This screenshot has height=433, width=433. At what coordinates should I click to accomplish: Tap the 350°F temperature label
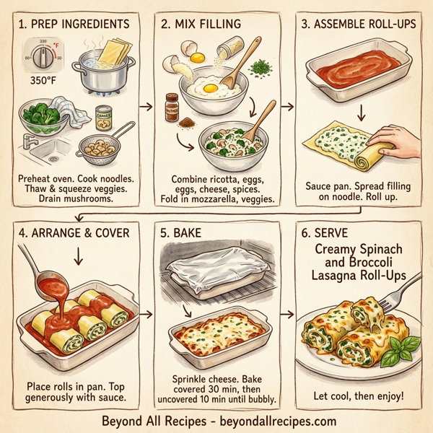tap(42, 81)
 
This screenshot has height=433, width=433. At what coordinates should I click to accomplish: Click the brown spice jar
tap(172, 106)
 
